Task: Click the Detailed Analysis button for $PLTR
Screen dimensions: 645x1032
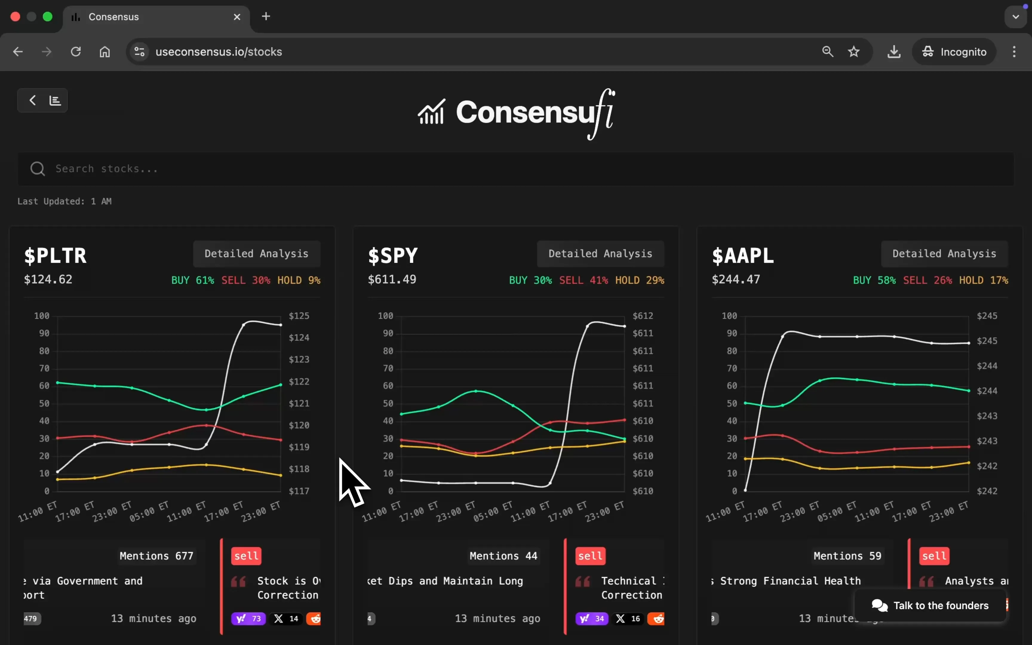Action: click(x=256, y=254)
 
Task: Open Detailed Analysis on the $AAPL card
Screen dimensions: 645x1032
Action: click(x=944, y=254)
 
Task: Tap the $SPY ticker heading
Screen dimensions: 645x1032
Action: click(x=393, y=256)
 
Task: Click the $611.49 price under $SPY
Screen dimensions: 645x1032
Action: click(x=392, y=279)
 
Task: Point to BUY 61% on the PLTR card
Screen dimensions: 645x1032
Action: click(x=192, y=280)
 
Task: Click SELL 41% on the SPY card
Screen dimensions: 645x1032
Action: click(x=583, y=280)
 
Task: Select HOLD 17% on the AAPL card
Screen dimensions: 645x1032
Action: click(x=983, y=280)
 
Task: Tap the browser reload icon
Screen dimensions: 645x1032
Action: click(x=76, y=52)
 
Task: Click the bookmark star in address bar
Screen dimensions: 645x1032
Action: click(x=853, y=52)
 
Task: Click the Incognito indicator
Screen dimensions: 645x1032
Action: click(x=954, y=52)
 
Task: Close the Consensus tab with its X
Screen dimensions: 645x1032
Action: click(x=237, y=17)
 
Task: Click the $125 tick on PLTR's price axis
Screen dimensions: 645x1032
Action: click(x=299, y=316)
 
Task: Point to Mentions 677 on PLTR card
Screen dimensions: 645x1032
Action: click(x=156, y=556)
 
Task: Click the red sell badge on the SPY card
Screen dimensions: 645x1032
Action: click(x=590, y=556)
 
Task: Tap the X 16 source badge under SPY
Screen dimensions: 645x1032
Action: click(x=628, y=618)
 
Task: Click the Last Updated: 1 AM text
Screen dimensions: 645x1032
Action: click(x=64, y=201)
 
